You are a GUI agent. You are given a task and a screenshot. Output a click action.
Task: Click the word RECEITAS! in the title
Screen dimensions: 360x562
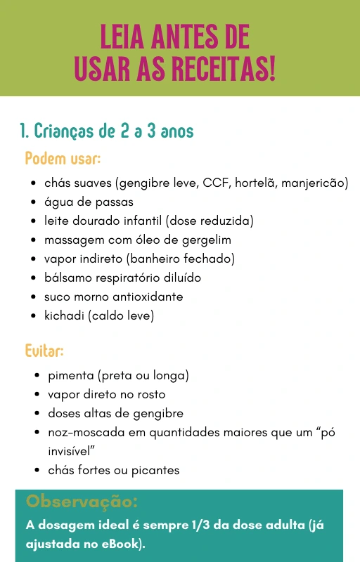pyautogui.click(x=227, y=67)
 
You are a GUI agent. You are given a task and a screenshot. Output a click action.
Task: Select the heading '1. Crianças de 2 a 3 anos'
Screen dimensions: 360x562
pyautogui.click(x=106, y=131)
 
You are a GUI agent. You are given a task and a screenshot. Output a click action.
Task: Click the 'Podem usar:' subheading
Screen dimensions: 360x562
pyautogui.click(x=63, y=158)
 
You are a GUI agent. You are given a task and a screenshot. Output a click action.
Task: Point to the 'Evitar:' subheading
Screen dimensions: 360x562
pyautogui.click(x=44, y=350)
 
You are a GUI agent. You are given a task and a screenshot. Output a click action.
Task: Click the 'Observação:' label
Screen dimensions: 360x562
pyautogui.click(x=82, y=502)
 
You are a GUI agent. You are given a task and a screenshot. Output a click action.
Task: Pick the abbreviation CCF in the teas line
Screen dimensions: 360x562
pyautogui.click(x=215, y=183)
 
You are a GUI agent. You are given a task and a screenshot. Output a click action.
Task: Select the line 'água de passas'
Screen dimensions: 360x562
pyautogui.click(x=89, y=202)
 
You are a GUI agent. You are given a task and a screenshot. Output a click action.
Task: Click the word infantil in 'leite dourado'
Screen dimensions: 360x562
pyautogui.click(x=142, y=221)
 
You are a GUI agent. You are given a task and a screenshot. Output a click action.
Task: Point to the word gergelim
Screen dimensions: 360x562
pyautogui.click(x=204, y=240)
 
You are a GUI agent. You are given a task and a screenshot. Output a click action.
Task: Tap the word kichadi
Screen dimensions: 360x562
pyautogui.click(x=64, y=315)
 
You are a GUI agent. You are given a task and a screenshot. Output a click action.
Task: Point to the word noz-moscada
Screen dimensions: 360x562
pyautogui.click(x=83, y=432)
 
